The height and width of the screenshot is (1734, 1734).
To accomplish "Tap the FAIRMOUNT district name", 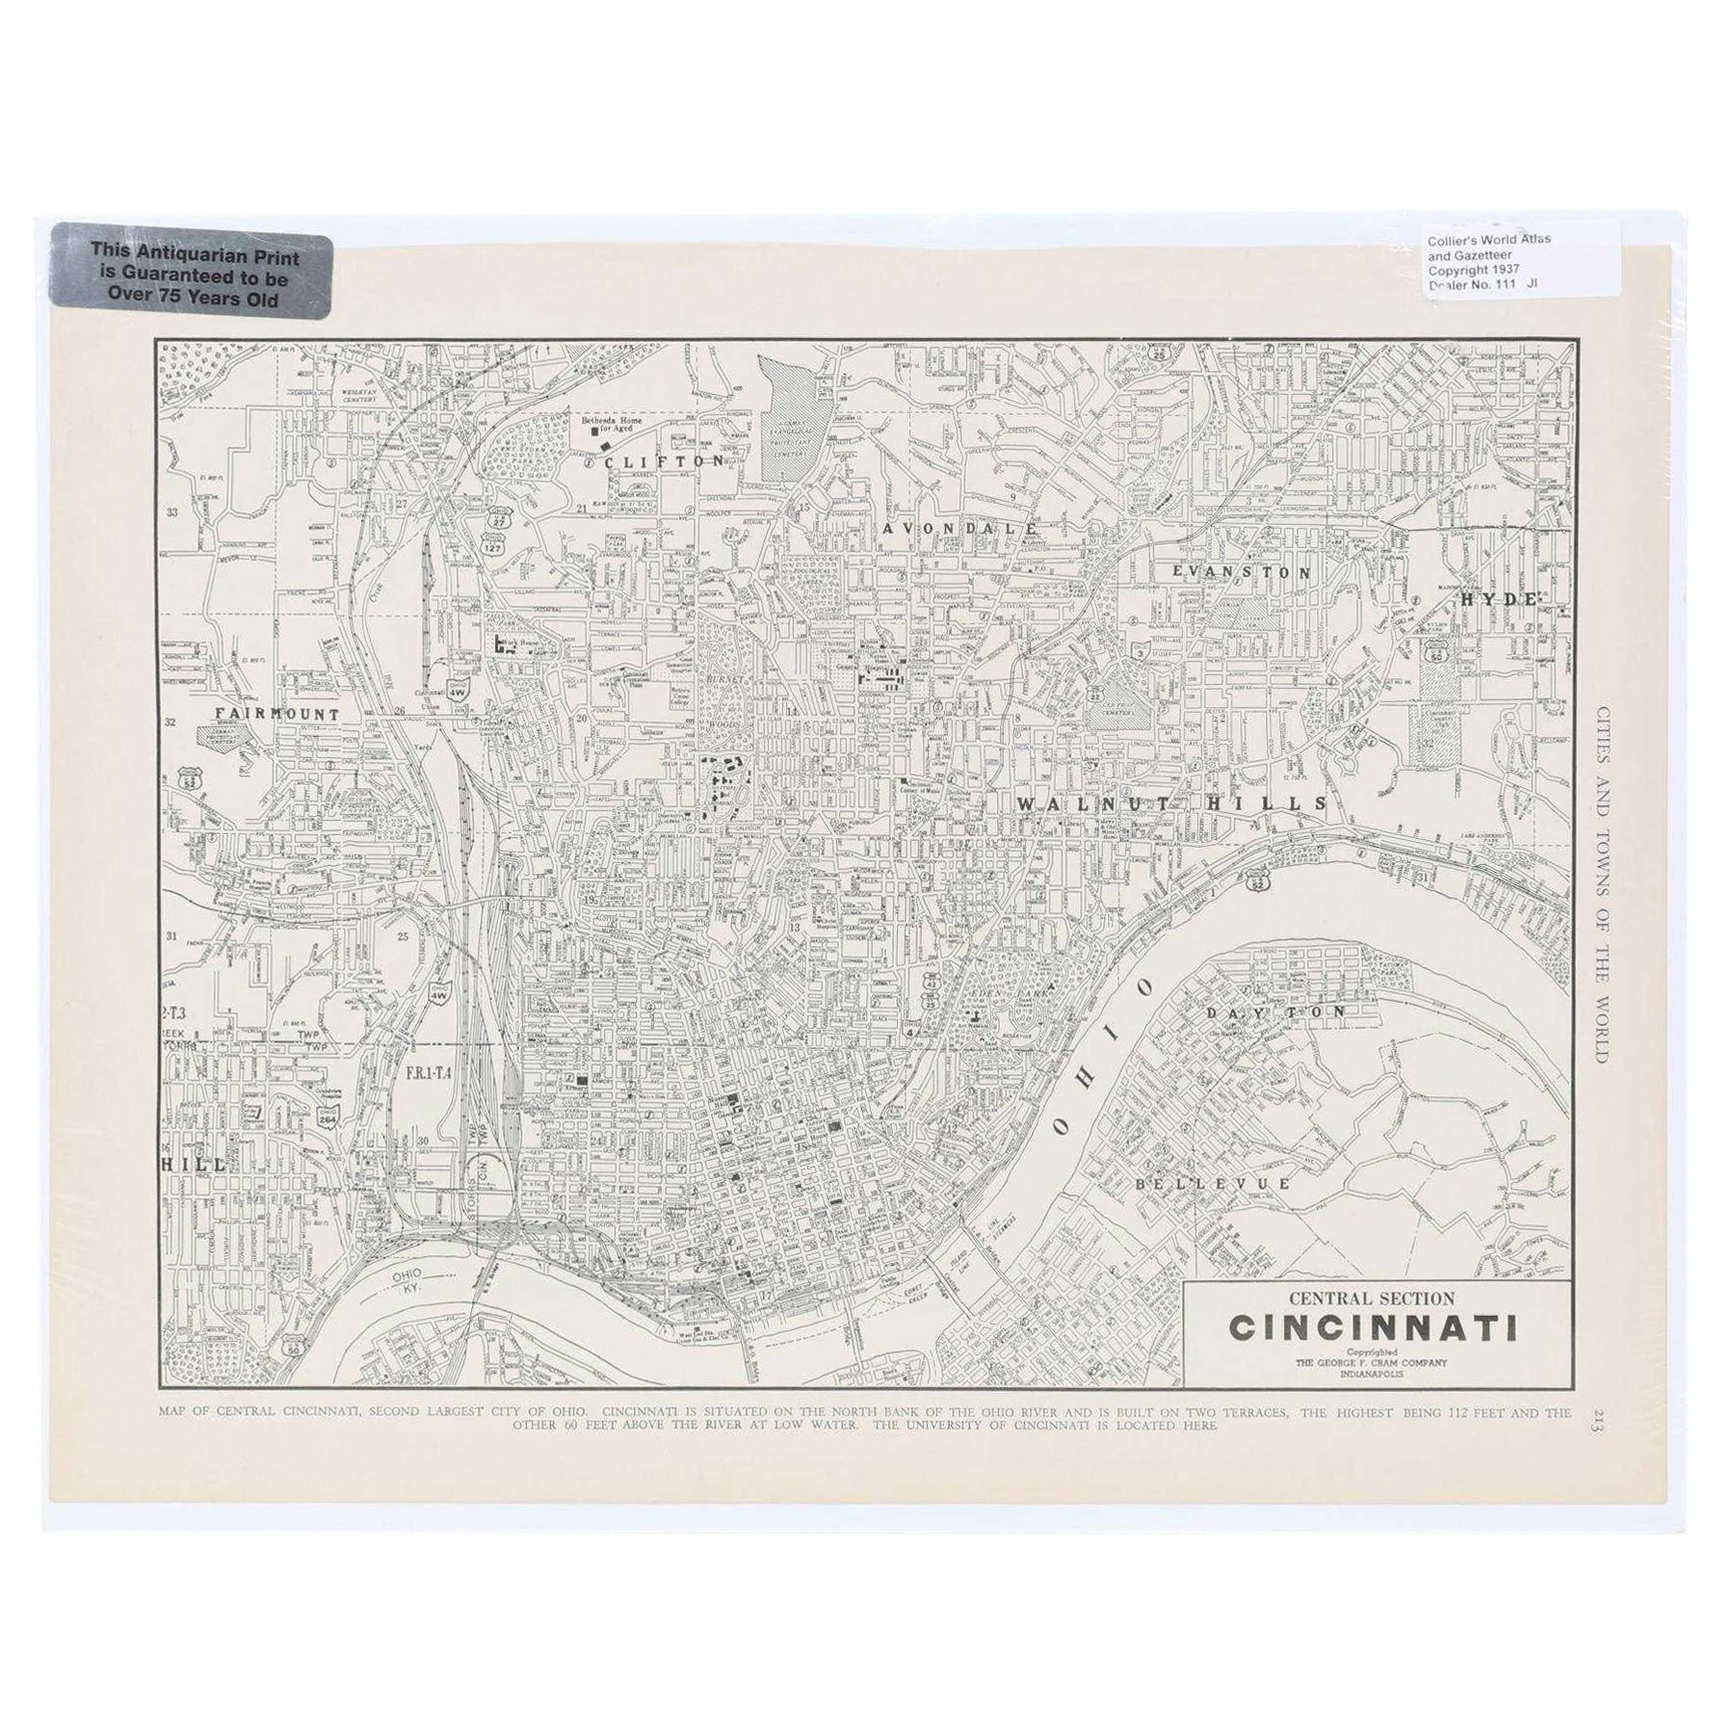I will pos(278,715).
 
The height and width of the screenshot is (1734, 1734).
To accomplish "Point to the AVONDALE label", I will pos(959,529).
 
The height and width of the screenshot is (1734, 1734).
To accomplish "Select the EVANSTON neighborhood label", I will pos(1241,571).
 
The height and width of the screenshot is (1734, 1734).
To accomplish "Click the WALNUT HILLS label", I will pos(1172,803).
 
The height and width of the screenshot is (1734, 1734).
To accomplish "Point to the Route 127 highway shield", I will pos(492,543).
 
